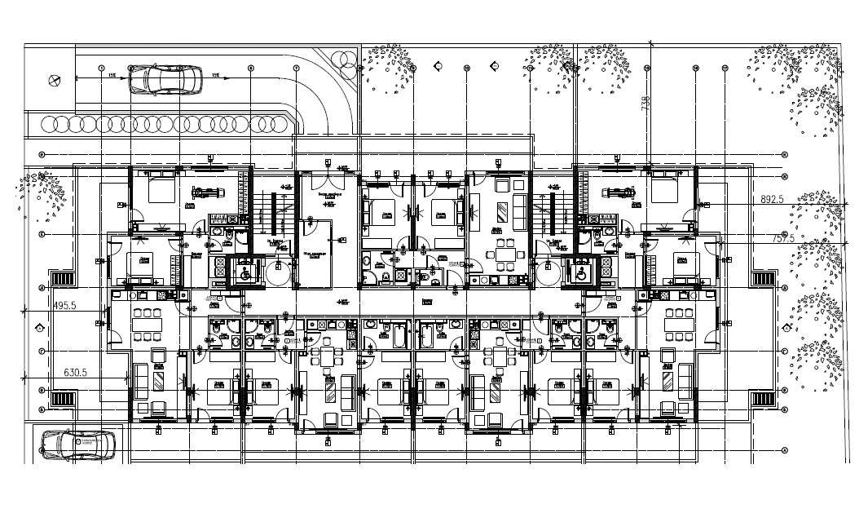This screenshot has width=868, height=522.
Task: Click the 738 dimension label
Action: tap(646, 104)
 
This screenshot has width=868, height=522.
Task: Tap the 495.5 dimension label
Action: tap(64, 305)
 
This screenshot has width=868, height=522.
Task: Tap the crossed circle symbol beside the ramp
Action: tap(55, 80)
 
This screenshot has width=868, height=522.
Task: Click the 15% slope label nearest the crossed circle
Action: tap(110, 75)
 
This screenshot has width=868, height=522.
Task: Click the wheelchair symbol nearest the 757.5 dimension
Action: tap(580, 271)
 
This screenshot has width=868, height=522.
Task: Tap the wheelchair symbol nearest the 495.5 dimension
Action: tap(242, 272)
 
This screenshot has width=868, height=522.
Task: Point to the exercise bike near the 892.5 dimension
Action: tap(618, 193)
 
